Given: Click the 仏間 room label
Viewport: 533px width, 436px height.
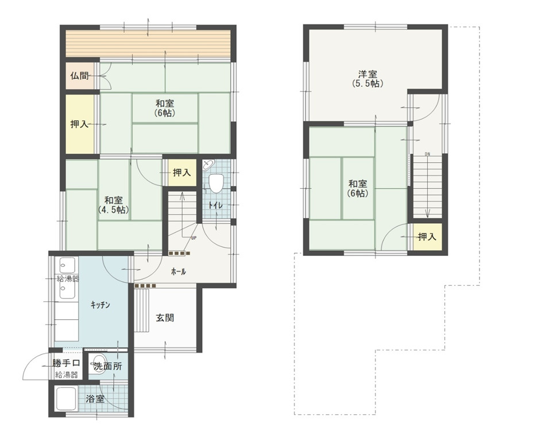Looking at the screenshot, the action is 79,75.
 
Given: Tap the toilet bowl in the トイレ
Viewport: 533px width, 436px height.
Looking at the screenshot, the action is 216,183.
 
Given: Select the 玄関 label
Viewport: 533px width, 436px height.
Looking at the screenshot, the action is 165,318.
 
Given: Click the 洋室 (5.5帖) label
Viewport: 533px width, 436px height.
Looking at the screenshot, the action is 368,79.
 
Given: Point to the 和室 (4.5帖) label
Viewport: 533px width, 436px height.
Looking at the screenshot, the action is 114,205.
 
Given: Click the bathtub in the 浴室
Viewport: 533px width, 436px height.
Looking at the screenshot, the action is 66,399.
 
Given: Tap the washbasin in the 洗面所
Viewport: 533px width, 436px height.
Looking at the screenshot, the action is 98,367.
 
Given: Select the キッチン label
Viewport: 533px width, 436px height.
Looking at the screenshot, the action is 101,305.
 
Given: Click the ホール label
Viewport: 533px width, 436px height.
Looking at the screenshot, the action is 179,271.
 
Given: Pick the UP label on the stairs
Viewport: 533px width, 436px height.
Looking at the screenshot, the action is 194,238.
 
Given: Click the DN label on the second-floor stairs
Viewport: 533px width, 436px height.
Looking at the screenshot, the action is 427,154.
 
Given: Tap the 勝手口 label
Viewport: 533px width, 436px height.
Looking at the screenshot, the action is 66,363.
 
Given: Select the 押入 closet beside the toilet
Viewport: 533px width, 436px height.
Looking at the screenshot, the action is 182,173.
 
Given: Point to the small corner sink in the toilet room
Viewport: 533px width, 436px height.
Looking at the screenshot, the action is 208,165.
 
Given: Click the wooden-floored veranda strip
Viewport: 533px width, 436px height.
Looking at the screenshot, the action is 148,44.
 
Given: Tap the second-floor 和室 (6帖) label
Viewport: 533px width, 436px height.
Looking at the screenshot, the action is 358,189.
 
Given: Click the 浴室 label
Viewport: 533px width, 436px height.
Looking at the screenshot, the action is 95,399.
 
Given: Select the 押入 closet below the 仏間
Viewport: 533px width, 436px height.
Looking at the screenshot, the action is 79,124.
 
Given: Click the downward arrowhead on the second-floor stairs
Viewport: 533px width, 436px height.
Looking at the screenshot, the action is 427,214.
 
